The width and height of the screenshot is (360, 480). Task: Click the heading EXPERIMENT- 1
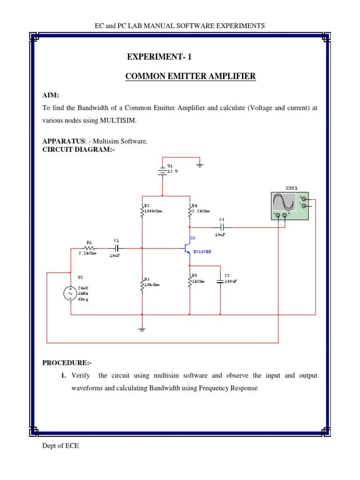pos(159,57)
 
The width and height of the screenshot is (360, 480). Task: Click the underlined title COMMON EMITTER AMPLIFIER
pos(190,76)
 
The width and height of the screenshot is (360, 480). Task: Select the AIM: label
pos(51,95)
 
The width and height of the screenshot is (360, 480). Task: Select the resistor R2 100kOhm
pos(142,212)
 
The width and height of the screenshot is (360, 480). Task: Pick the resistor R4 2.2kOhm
pos(190,212)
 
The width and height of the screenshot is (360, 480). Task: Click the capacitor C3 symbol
pos(223,227)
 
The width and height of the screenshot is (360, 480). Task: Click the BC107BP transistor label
pos(202,252)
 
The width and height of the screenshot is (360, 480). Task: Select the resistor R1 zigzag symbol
pos(89,247)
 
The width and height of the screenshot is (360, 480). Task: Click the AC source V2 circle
pos(70,293)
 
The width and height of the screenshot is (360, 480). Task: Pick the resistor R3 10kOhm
pos(142,284)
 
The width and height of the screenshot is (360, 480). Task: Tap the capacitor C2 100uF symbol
pos(220,281)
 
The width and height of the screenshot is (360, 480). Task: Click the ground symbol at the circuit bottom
pos(142,329)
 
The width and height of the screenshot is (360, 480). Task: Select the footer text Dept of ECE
pos(60,446)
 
